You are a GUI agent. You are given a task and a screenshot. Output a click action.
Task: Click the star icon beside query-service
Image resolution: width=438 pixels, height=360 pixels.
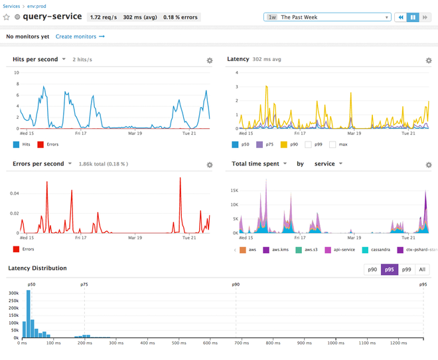tap(7, 17)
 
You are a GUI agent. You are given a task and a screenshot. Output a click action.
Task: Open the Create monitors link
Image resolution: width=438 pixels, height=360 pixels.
tap(80, 37)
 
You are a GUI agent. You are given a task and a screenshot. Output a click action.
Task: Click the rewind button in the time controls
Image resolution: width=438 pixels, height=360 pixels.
tap(401, 17)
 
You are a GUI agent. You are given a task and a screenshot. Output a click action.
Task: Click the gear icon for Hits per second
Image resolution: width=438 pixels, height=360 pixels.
tap(210, 60)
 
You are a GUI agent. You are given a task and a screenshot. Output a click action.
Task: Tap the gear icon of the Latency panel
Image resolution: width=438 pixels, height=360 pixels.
tap(429, 60)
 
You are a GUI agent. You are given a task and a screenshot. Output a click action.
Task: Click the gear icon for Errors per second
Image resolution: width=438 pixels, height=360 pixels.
tap(210, 165)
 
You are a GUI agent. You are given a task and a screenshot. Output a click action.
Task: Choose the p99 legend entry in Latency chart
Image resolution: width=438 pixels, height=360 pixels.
tap(315, 143)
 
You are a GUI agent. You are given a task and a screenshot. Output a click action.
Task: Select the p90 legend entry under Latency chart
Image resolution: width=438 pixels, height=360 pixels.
tap(289, 143)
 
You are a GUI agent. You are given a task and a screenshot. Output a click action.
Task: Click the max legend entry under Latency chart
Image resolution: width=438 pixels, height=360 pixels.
tap(338, 143)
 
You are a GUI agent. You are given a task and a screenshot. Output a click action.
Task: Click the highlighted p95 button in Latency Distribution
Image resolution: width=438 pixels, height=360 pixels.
tap(389, 269)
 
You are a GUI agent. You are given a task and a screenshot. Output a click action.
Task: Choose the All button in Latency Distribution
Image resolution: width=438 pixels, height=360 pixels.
tap(422, 269)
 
